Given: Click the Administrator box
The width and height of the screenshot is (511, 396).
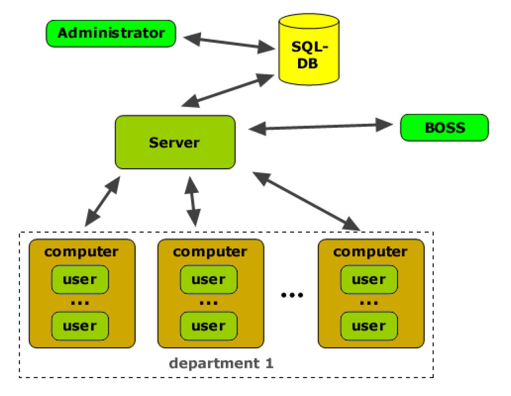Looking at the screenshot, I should [x=111, y=34].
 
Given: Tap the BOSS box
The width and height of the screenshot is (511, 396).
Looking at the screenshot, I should [x=444, y=128].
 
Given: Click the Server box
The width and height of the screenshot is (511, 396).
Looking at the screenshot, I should [x=175, y=142].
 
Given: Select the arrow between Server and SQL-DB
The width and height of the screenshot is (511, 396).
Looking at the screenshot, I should [x=228, y=91].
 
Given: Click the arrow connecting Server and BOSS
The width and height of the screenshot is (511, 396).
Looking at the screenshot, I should [x=321, y=127].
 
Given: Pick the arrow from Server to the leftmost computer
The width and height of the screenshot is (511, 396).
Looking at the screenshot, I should [x=102, y=202].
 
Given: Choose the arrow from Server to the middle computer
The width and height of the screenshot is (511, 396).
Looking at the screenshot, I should [x=193, y=202].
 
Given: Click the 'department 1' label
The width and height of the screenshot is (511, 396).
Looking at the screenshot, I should [x=221, y=363].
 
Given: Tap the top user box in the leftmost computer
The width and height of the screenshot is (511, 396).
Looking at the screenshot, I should [x=80, y=280].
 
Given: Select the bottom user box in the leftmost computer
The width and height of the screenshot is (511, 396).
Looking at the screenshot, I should [x=80, y=326].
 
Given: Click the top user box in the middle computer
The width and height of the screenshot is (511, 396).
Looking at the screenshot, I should [x=209, y=280].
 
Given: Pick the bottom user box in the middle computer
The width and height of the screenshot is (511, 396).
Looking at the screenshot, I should [x=209, y=326].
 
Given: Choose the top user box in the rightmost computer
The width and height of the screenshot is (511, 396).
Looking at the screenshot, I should [x=369, y=280].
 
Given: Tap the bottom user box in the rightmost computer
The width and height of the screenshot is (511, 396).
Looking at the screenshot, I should [x=369, y=326].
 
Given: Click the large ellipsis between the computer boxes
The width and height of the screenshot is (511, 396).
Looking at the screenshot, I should [x=292, y=295].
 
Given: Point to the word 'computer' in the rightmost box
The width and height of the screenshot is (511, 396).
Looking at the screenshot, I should [x=370, y=252].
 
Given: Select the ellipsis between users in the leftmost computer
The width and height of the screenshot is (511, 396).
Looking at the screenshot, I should [x=80, y=303].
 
